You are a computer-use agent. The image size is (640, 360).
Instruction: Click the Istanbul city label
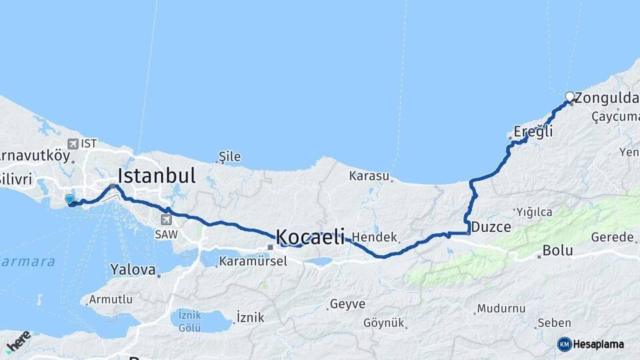157,176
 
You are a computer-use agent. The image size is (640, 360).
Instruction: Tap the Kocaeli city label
310,236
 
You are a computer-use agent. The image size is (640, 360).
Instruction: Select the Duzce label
491,227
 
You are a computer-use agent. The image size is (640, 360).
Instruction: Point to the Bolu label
557,251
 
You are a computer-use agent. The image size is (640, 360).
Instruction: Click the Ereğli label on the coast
533,132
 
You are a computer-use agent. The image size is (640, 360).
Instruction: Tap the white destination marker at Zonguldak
569,97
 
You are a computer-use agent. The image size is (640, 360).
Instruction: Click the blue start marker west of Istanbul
69,199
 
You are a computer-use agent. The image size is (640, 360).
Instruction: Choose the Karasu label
369,176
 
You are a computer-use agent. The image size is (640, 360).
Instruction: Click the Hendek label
375,237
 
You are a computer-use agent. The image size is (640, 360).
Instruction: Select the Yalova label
135,270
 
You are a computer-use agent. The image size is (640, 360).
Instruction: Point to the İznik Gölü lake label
190,320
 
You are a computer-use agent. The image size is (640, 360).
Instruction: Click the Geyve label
347,304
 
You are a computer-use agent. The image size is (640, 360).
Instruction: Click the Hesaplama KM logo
591,344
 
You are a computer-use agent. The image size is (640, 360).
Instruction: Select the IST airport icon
75,143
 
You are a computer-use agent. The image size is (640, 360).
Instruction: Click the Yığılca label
534,212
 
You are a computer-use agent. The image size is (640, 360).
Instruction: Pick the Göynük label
384,323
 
